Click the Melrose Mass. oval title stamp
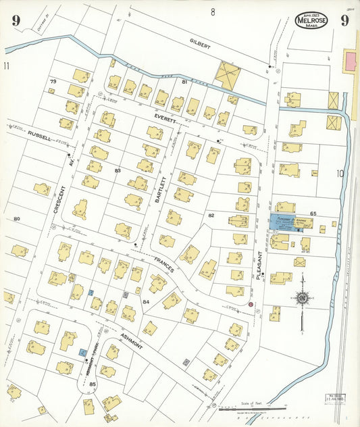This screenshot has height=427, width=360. point(311,21)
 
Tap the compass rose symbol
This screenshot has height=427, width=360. point(303,297)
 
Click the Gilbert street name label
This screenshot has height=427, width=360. point(200,45)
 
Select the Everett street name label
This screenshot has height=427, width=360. point(165,118)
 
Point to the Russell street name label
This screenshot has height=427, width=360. point(40,135)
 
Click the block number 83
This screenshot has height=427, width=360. point(118,171)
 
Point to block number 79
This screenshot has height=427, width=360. point(53,82)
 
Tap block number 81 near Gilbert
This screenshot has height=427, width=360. point(184,82)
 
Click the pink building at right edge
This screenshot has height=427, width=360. point(351,62)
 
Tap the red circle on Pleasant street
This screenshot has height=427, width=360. point(251,305)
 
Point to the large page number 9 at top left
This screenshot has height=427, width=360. point(15,20)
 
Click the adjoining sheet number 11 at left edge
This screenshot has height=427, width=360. point(7,66)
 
